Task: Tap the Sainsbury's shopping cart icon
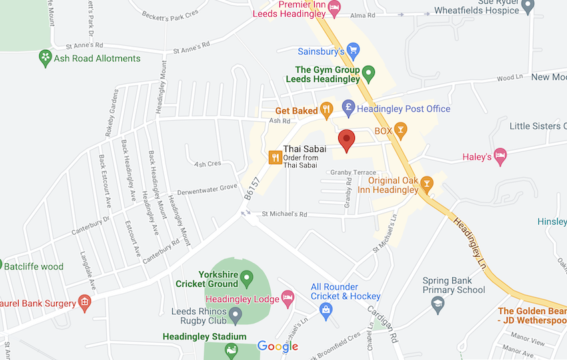(354, 51)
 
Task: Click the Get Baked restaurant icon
(326, 110)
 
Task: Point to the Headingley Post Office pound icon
(348, 107)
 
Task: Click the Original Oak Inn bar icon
(428, 183)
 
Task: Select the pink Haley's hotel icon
(500, 157)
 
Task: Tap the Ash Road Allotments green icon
(45, 58)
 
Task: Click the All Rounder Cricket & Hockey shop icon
(325, 309)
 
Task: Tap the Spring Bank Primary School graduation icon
(438, 305)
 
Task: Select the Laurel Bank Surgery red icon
(85, 303)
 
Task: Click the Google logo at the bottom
(277, 346)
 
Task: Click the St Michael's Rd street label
(284, 214)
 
